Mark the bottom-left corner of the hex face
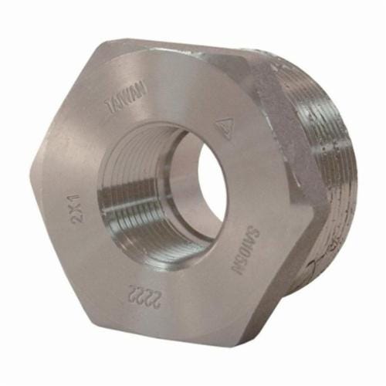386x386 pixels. [x=100, y=320]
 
